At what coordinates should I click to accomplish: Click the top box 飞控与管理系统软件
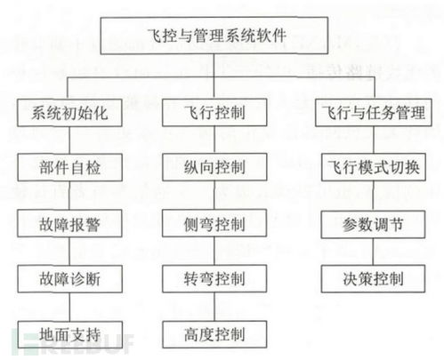[214, 36]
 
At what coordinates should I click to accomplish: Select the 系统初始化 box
[69, 113]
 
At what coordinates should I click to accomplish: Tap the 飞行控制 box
[214, 113]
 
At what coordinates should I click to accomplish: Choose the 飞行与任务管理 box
[374, 113]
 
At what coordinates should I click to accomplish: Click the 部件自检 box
[70, 167]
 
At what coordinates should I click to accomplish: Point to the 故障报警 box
[69, 223]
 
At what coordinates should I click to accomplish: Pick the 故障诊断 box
[70, 279]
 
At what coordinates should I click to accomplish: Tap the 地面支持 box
[70, 334]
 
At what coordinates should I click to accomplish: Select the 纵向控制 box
[214, 167]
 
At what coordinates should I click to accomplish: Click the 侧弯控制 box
[214, 223]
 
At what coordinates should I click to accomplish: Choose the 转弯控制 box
[214, 279]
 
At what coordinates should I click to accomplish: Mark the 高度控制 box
[214, 334]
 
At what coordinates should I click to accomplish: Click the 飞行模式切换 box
[374, 167]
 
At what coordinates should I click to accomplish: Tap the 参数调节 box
[373, 224]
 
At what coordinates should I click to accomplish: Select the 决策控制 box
[373, 279]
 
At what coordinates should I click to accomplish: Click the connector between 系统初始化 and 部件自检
[69, 140]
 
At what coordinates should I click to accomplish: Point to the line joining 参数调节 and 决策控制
[373, 252]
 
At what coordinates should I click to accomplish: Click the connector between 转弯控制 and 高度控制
[214, 307]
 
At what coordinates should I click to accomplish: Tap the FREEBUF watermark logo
[73, 344]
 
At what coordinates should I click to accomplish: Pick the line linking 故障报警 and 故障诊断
[69, 252]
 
